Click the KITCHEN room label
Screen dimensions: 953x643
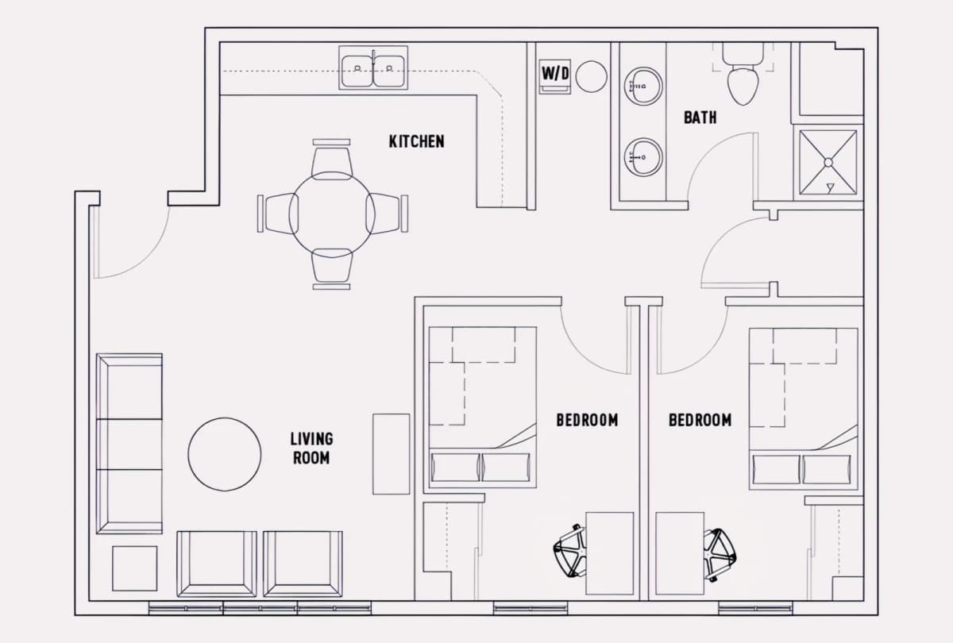click(416, 141)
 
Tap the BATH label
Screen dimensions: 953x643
click(700, 117)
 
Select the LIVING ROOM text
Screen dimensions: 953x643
click(311, 449)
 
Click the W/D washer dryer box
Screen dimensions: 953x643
click(555, 76)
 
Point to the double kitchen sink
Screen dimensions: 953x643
click(373, 68)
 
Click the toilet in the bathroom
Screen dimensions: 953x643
click(743, 74)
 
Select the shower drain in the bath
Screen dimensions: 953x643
click(828, 163)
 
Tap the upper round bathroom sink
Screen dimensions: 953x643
click(643, 86)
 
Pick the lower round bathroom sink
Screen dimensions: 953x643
click(643, 157)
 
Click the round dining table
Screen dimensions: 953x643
click(332, 214)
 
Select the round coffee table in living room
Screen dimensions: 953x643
click(225, 454)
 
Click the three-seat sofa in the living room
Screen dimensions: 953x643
click(129, 444)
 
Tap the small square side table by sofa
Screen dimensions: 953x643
click(134, 568)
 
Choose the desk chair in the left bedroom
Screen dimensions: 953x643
click(569, 551)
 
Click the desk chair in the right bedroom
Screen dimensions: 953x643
click(720, 555)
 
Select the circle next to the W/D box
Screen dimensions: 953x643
click(592, 76)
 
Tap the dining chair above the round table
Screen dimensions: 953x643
click(332, 160)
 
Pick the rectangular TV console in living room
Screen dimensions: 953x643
click(392, 454)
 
